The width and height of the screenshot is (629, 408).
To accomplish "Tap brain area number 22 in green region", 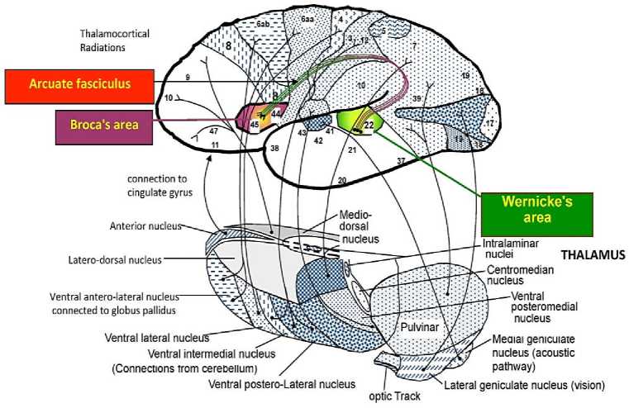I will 369,125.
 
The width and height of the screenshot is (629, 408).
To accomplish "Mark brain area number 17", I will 488,124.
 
